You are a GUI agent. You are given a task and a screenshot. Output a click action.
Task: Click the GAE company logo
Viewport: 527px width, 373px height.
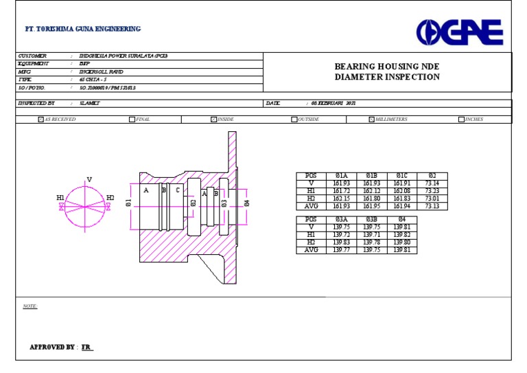460,32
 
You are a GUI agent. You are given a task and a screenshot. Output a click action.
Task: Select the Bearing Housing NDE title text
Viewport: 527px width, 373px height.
387,67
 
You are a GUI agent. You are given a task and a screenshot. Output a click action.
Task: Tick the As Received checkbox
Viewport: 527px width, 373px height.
41,120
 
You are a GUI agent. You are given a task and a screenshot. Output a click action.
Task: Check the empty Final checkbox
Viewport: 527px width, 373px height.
132,120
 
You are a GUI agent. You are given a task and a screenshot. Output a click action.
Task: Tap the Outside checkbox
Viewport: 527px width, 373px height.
294,120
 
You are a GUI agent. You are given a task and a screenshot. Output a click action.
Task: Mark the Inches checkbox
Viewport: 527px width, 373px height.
461,120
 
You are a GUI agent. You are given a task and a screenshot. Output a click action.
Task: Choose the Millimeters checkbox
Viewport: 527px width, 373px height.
371,120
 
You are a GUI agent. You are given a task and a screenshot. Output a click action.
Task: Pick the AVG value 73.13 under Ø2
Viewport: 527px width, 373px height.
432,206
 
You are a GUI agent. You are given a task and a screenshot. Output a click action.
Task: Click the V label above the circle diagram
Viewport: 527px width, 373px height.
89,180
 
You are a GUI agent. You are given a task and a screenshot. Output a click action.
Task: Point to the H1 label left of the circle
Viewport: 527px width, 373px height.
60,198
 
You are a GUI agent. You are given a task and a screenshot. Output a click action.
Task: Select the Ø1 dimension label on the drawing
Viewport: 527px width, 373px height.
128,203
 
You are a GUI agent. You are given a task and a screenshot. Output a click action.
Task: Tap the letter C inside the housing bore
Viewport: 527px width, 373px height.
178,191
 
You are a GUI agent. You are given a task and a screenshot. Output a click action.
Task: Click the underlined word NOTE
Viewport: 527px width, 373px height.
30,306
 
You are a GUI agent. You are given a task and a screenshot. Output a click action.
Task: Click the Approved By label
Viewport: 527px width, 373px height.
51,348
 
